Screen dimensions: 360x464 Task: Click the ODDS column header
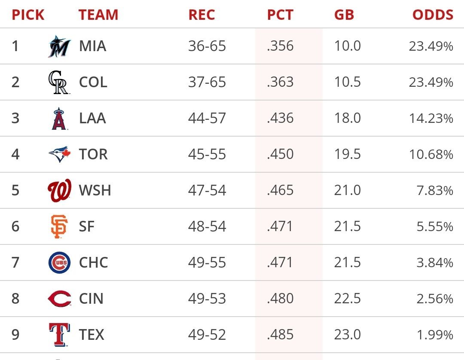click(x=433, y=15)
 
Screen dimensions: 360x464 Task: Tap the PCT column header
click(x=280, y=15)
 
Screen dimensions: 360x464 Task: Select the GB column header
click(x=344, y=15)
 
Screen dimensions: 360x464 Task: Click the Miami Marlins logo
click(x=59, y=46)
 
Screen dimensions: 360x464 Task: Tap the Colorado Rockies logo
click(x=58, y=82)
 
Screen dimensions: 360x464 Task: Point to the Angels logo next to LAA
click(x=59, y=119)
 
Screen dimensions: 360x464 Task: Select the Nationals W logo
click(x=59, y=191)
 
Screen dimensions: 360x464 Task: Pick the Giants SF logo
click(x=59, y=227)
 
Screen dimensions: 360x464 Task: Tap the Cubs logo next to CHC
click(x=59, y=263)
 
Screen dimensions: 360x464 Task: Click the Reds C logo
click(x=59, y=299)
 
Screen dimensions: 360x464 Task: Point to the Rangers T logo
click(x=59, y=335)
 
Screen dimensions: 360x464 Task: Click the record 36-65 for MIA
click(x=207, y=46)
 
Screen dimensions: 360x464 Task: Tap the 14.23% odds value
click(x=431, y=119)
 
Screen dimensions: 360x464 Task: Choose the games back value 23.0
click(x=347, y=335)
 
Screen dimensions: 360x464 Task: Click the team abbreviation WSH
click(x=95, y=191)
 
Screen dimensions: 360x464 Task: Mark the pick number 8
click(x=15, y=299)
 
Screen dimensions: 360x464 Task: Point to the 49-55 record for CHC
click(x=207, y=263)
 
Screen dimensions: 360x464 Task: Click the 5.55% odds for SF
click(x=434, y=227)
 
